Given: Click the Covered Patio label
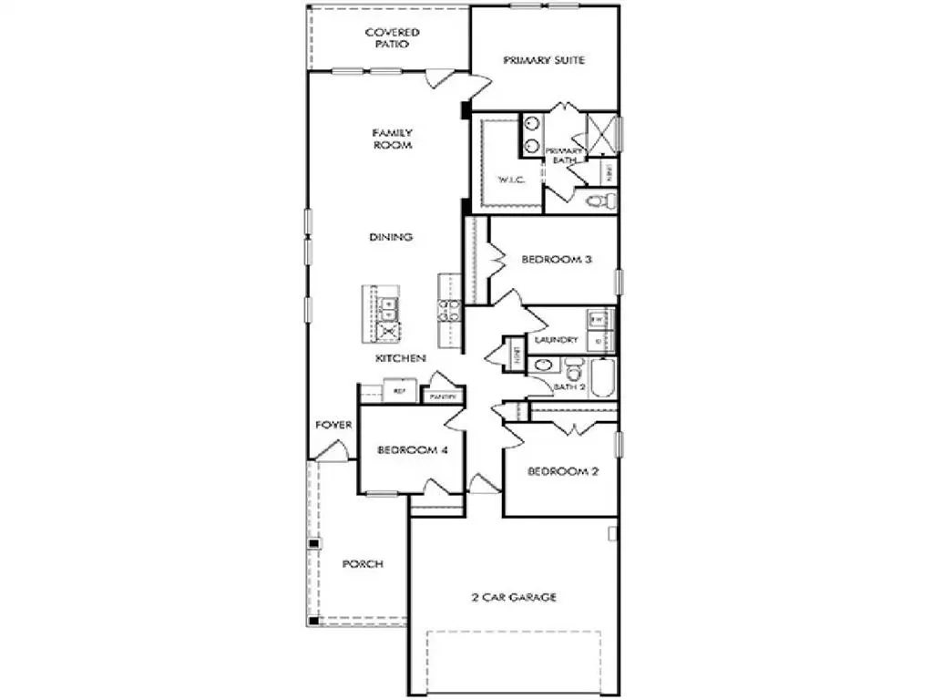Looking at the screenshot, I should click(392, 37).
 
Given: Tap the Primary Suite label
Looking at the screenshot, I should click(544, 60).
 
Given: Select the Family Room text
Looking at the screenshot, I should click(392, 139).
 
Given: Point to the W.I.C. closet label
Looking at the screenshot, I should click(507, 179).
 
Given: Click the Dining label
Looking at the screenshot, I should click(391, 237).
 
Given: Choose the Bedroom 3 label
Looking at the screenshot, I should click(557, 260).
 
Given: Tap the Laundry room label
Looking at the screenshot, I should click(557, 340).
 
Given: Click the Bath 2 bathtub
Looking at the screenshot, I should click(602, 378).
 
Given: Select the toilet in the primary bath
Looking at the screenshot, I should click(597, 201).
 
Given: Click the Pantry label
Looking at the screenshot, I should click(443, 397).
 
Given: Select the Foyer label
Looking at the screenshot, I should click(333, 425).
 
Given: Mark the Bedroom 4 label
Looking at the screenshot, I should click(411, 450).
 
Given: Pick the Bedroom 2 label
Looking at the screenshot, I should click(562, 471).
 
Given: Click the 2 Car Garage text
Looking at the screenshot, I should click(514, 598).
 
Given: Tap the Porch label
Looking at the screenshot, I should click(362, 564).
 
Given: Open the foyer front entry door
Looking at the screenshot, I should click(332, 450).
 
